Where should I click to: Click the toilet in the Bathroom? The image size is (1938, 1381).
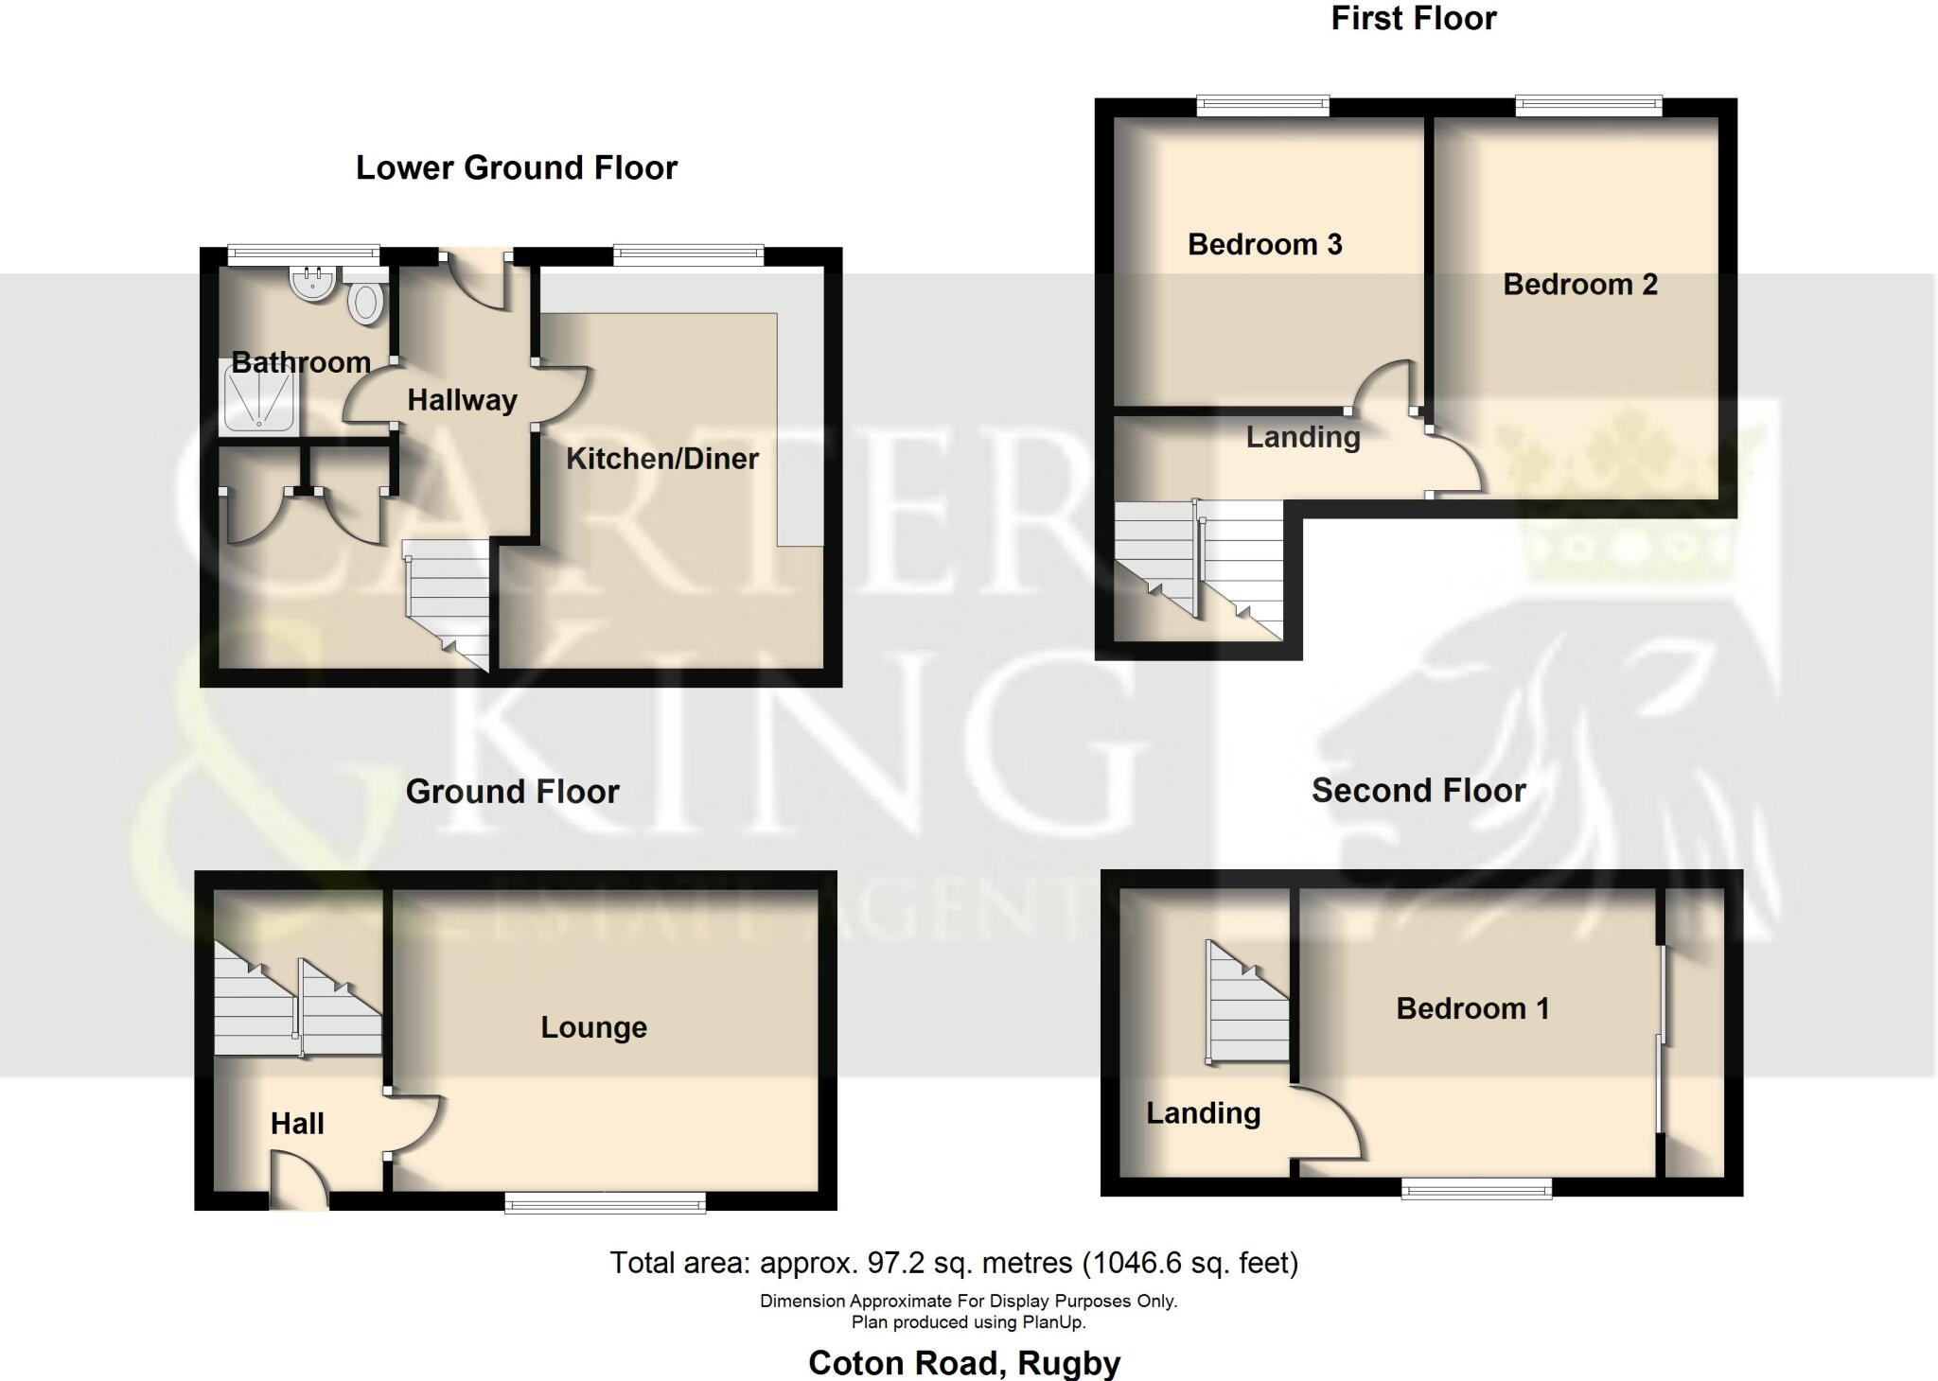[364, 301]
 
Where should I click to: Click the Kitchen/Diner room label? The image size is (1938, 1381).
[661, 459]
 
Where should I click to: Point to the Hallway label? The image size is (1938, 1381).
[462, 400]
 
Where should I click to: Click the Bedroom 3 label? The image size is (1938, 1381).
[1264, 244]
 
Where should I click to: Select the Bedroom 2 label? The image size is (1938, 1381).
[1579, 284]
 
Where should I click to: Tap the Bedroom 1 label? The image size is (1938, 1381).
[1471, 1008]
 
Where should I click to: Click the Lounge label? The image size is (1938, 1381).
[593, 1027]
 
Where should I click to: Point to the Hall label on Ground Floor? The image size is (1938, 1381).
[297, 1124]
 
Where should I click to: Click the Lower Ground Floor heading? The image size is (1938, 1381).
[516, 167]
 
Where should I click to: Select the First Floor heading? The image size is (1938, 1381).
[1413, 19]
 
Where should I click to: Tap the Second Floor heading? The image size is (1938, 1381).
[1418, 791]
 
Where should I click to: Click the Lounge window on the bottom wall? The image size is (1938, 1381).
[605, 1202]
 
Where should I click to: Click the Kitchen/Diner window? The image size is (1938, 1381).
[688, 254]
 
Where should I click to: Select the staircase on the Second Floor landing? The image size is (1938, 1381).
[1247, 1003]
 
